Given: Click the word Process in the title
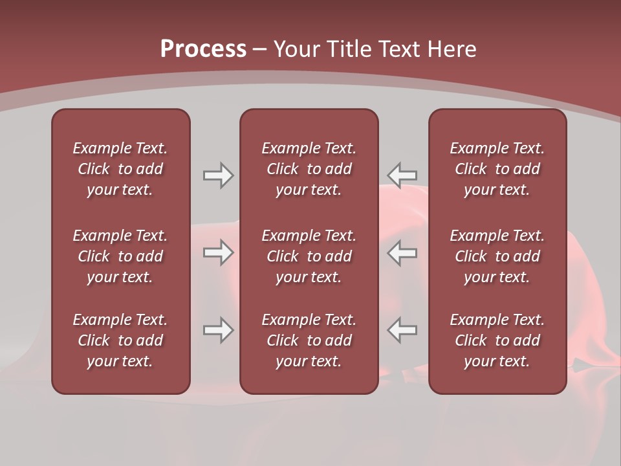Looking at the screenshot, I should (203, 49).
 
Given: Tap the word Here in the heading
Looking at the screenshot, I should (451, 49).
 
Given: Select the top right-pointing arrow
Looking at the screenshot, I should (218, 175).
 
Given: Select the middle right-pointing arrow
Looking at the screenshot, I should (218, 252).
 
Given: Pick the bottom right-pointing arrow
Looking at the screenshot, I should (218, 330).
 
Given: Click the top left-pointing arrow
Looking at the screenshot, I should (402, 175).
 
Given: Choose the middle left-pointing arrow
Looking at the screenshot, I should (402, 252).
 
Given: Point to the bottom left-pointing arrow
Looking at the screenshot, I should (402, 330).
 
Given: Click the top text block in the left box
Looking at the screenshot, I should (120, 169).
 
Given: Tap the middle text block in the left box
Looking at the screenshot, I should (120, 256).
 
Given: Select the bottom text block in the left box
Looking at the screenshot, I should (120, 340).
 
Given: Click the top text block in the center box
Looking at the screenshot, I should (309, 169).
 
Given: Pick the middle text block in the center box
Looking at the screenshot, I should (309, 256).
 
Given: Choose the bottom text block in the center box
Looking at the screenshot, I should (309, 340).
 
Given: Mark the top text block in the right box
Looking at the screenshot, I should (497, 169).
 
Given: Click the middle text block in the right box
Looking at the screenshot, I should (497, 256).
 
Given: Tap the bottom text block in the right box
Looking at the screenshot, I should (497, 340).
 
